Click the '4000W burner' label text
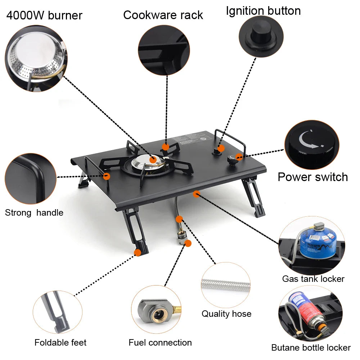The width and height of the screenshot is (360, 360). [x=44, y=15]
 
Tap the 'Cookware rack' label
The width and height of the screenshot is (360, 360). [x=163, y=15]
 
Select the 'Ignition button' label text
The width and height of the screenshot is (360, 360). [x=263, y=11]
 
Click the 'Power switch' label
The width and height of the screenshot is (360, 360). [x=312, y=177]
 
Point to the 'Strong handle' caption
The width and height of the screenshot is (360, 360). [x=34, y=213]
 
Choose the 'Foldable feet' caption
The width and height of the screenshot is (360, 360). [x=60, y=342]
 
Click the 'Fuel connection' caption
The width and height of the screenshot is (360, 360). [x=160, y=342]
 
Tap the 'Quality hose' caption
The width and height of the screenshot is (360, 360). [x=226, y=314]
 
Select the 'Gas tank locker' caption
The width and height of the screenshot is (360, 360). [x=313, y=279]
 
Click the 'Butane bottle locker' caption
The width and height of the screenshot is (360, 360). [x=311, y=347]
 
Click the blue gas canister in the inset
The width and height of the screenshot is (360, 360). [x=318, y=242]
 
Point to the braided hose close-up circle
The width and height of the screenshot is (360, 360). [x=226, y=286]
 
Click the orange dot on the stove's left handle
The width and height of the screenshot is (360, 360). [x=107, y=176]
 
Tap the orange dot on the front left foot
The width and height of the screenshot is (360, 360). [x=137, y=253]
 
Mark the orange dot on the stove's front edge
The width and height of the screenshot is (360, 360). [x=196, y=194]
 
